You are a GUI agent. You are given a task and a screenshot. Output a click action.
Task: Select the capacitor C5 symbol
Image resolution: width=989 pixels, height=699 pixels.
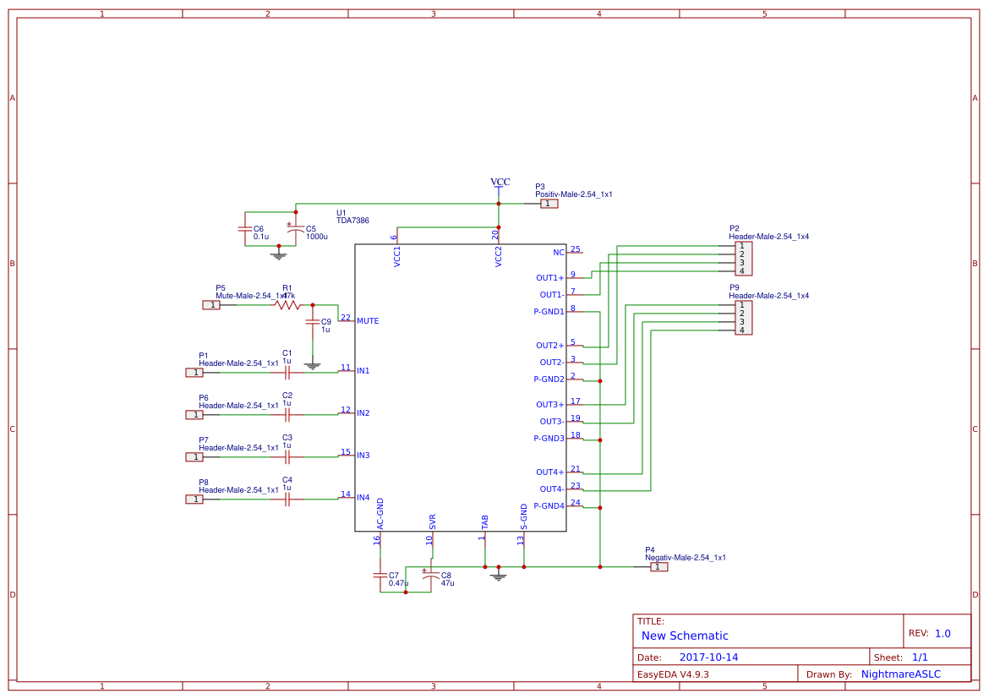(295, 229)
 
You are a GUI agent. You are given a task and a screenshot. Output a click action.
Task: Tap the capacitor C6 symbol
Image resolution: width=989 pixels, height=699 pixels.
(244, 229)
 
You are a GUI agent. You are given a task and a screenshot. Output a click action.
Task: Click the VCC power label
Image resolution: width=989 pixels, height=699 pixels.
(500, 182)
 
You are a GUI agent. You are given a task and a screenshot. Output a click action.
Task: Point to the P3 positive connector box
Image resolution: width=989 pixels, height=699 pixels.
(549, 204)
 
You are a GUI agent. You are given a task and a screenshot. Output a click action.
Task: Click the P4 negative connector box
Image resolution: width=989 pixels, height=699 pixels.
(658, 567)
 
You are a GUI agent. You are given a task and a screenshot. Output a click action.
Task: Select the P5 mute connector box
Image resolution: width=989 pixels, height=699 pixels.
(211, 305)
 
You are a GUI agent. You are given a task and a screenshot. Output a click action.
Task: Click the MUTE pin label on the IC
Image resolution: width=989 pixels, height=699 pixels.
(368, 321)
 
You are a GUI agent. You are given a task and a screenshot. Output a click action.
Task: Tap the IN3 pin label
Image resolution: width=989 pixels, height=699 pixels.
(363, 456)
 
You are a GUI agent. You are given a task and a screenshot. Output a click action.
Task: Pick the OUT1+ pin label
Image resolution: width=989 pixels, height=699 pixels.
(549, 278)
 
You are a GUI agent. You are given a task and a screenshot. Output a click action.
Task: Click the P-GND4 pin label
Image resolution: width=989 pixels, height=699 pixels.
(549, 506)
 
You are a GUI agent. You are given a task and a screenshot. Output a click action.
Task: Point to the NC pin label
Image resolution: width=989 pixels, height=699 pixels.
(558, 253)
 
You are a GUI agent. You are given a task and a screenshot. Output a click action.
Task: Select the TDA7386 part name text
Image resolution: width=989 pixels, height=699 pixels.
(352, 221)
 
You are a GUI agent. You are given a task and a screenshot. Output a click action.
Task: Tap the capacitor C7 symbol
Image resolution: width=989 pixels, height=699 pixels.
(380, 575)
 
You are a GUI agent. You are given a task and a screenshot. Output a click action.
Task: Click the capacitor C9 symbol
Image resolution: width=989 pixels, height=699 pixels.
(313, 322)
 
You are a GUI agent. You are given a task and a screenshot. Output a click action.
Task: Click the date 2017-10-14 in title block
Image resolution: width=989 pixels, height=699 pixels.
(708, 657)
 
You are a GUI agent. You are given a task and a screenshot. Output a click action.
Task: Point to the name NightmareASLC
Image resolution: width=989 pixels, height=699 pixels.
(900, 674)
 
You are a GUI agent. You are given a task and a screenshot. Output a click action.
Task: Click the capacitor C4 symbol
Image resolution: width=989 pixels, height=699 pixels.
(287, 500)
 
